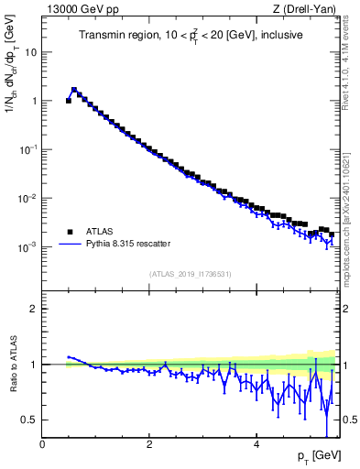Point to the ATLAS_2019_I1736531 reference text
[190, 273]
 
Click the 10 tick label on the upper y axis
[32, 52]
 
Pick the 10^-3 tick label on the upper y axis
[29, 247]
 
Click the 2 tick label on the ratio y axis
[35, 309]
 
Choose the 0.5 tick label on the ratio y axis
[31, 420]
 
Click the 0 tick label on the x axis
[42, 444]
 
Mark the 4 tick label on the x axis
[256, 444]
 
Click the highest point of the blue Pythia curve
[74, 90]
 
